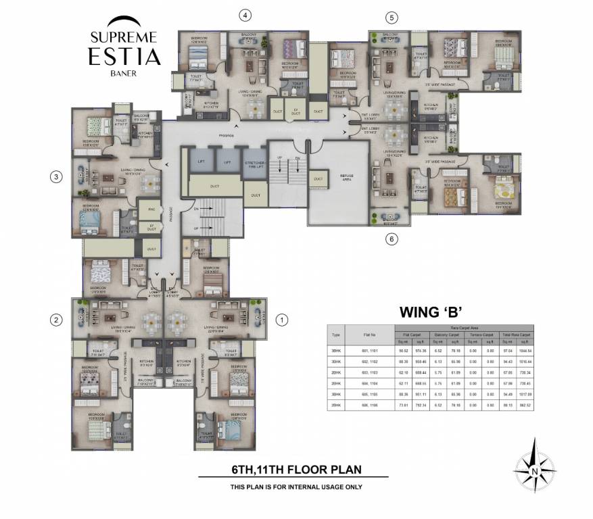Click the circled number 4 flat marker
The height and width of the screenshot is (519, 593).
point(246,15)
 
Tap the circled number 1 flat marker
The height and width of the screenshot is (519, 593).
point(283,320)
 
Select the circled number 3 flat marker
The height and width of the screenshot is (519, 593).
point(57,177)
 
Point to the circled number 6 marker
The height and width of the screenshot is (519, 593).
point(392,239)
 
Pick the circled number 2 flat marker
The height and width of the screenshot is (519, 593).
point(57,320)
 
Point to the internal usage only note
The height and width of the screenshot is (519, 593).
point(296,487)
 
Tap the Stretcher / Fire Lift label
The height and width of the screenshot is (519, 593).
point(254,164)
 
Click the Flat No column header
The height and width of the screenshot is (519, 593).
point(369,334)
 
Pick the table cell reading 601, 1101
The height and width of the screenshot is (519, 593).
point(369,349)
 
